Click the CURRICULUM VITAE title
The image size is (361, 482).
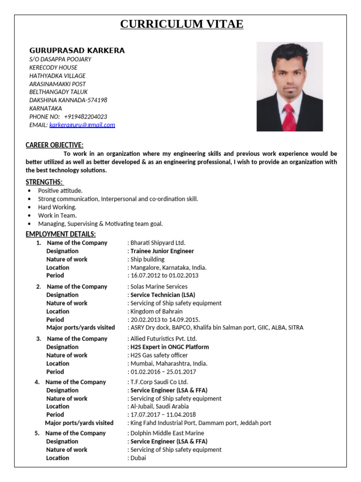coord(181,24)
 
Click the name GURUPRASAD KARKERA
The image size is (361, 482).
coord(77,50)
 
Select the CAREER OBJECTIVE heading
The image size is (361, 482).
coord(55,145)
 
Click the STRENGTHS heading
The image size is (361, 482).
coord(45,182)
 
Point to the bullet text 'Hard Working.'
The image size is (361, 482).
coord(57,207)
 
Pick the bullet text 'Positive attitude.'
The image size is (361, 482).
coord(60,191)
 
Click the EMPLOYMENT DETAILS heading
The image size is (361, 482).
coord(61,234)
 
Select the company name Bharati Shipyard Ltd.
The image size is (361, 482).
coord(158,243)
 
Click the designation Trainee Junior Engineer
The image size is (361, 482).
coord(162,251)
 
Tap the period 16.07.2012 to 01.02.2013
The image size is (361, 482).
coord(165,275)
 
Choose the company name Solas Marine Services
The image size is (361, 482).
coord(159,287)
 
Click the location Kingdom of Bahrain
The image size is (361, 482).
coord(157,311)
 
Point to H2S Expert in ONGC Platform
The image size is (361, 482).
coord(170,347)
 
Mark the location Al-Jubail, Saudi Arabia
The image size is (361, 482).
coord(159,406)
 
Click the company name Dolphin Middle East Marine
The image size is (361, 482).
coord(167,433)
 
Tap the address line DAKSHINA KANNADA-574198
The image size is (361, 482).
coord(68,100)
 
